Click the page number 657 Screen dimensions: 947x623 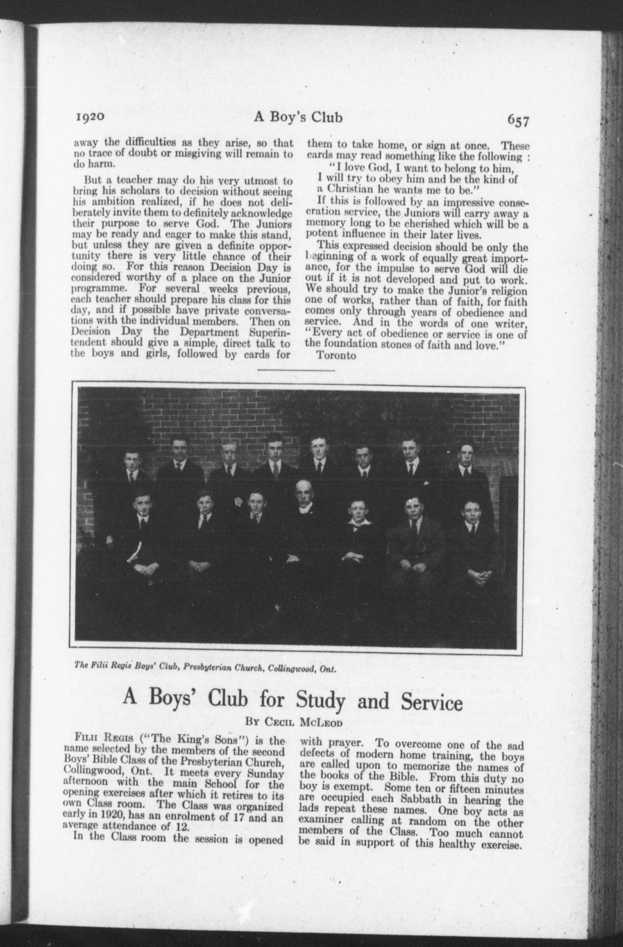(x=518, y=121)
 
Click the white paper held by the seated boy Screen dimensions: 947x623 (x=134, y=553)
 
